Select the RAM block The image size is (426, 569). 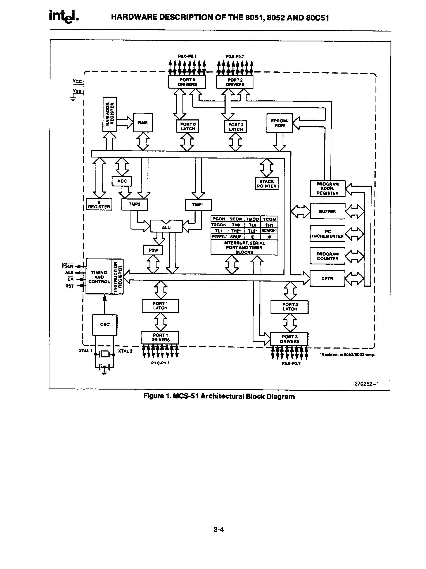pos(143,122)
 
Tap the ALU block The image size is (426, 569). pos(166,227)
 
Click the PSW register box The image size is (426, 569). pos(153,250)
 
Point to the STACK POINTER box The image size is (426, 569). pos(266,184)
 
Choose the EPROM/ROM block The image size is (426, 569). pos(279,123)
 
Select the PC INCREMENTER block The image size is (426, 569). pos(327,234)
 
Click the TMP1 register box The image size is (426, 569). pos(198,205)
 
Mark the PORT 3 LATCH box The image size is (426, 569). pos(290,307)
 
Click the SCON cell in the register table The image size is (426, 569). pos(235,219)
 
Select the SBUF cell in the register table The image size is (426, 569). pos(235,237)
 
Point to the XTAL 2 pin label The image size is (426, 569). pos(125,351)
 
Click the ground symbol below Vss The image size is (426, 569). pos(73,98)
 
